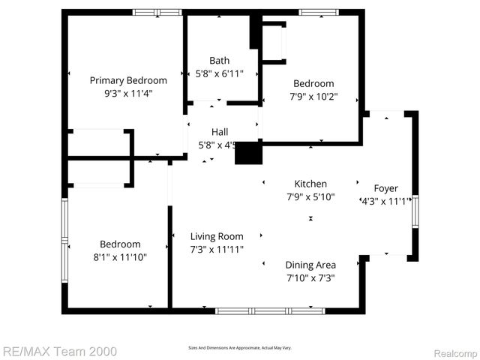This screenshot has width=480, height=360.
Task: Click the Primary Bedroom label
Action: [x=128, y=80]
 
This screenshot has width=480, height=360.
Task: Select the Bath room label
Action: [x=220, y=61]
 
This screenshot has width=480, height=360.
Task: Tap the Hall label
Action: [x=220, y=132]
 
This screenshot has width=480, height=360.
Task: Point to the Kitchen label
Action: [x=310, y=184]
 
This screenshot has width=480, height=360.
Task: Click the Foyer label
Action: [x=386, y=188]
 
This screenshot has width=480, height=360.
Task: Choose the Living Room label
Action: [x=217, y=236]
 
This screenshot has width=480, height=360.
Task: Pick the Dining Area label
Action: [x=310, y=265]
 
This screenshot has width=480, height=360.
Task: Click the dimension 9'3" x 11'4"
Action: [x=128, y=95]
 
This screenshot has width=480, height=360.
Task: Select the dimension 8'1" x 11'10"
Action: [x=121, y=257]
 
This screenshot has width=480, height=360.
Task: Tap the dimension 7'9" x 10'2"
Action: [x=313, y=97]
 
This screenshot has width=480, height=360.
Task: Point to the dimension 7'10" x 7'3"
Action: [x=310, y=278]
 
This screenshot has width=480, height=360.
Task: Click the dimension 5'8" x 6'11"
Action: [x=220, y=74]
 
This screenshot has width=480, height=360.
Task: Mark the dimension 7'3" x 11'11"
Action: [x=217, y=250]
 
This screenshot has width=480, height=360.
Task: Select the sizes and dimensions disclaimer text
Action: [x=239, y=348]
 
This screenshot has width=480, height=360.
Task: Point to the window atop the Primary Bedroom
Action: [x=157, y=12]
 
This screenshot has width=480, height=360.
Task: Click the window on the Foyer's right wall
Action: [x=415, y=211]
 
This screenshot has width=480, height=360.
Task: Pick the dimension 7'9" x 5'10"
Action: [x=310, y=197]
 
